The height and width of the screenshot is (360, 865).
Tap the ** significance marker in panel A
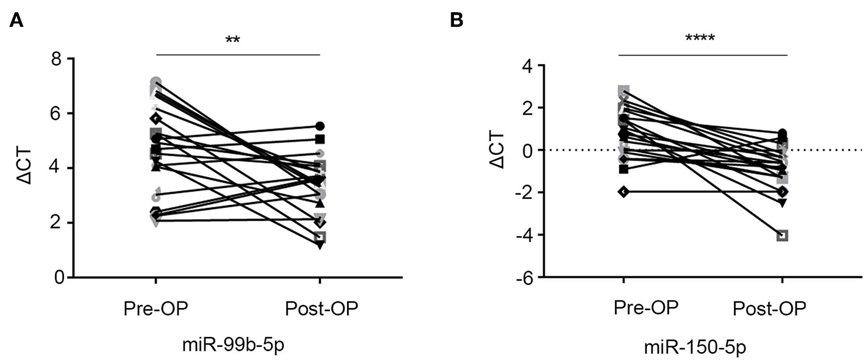click(232, 41)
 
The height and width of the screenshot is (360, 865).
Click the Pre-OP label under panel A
click(155, 309)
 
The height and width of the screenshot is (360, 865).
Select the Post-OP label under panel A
click(321, 309)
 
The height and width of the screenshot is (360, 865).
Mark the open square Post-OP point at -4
click(783, 236)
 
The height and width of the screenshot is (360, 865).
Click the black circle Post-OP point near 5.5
click(320, 126)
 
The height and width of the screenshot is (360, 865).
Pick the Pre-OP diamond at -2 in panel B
click(623, 192)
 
